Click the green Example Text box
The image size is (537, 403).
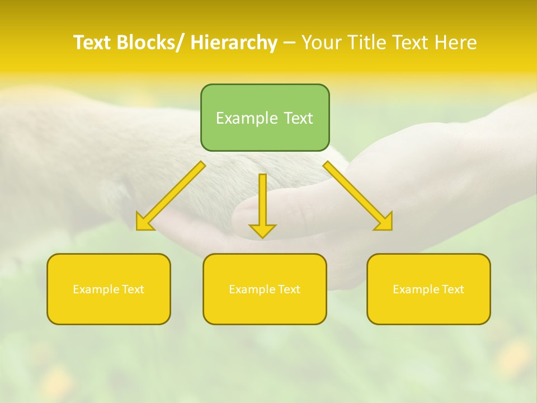coord(265,118)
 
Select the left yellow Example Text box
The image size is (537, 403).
coord(109,289)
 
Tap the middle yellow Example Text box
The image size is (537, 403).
coord(265,289)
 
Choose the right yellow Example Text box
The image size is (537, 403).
coord(428,289)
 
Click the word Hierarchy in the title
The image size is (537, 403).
coord(234,43)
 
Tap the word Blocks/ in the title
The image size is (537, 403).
coord(149,43)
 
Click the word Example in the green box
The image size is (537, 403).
coord(247,118)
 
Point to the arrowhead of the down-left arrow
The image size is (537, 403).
coord(144,222)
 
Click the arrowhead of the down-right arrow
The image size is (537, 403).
coord(384,222)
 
